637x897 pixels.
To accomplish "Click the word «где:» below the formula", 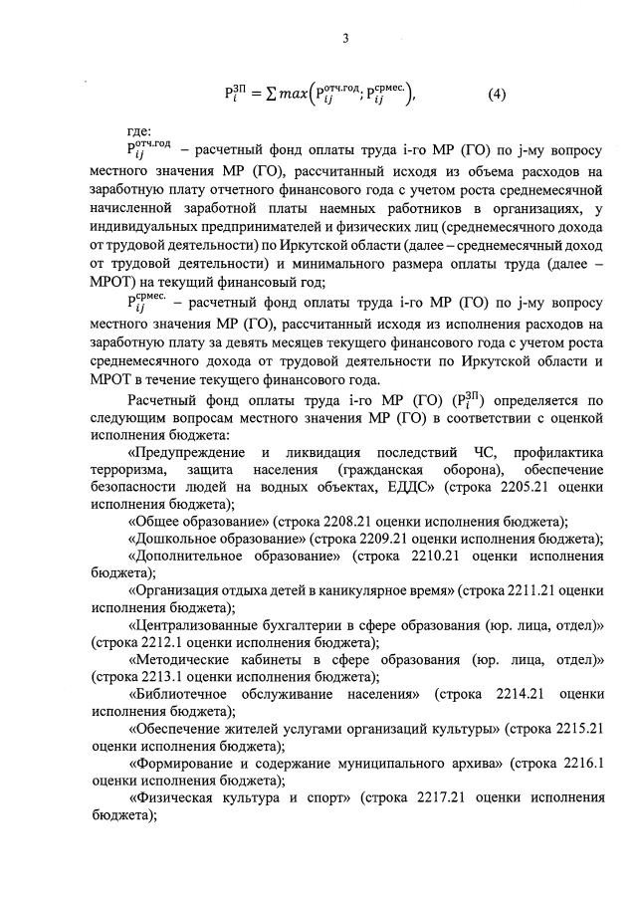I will pos(139,131).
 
